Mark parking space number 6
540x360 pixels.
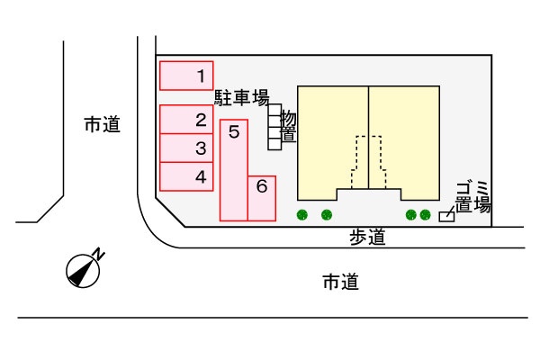tap(261, 197)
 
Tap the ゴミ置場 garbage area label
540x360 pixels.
tap(472, 196)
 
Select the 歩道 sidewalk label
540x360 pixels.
tap(367, 238)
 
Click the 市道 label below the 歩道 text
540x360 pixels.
tap(341, 283)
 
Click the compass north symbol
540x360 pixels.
tap(84, 269)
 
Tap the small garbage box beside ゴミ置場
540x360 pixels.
tap(445, 216)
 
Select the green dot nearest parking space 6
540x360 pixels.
tap(302, 214)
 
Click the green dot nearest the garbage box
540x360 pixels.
tap(425, 214)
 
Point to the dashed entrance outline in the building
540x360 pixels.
tap(369, 162)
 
